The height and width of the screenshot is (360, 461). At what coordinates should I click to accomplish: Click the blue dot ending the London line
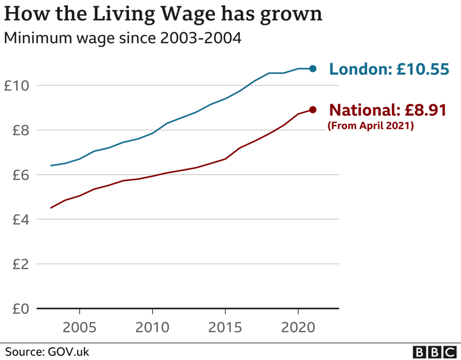(313, 69)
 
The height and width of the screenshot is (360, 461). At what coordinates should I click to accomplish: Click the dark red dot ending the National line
(313, 110)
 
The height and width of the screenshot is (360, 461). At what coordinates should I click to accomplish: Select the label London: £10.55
(388, 69)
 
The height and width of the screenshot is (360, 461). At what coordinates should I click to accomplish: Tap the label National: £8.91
(387, 111)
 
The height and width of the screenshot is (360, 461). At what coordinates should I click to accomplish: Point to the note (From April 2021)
(370, 126)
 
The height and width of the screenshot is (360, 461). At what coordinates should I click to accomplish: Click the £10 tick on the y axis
(17, 86)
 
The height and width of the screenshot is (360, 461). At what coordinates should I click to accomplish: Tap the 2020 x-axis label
(298, 327)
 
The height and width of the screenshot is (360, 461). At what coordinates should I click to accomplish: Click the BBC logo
(434, 352)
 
